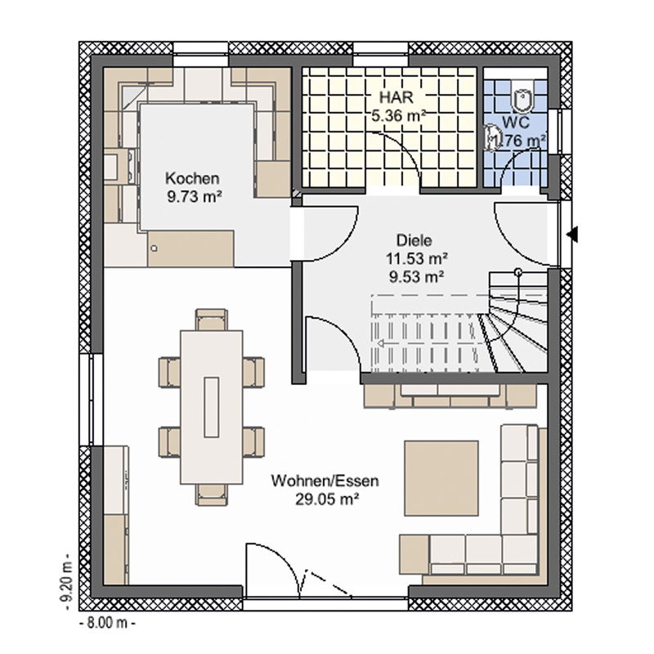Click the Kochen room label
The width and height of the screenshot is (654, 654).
point(192,178)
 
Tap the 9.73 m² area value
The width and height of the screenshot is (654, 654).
point(195,196)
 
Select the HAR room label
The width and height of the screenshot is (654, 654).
point(396,97)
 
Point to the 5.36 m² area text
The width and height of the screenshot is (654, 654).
point(399,115)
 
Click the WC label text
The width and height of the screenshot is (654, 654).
point(516,123)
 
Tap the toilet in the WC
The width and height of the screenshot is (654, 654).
point(522,101)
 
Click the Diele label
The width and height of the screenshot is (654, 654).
point(414,240)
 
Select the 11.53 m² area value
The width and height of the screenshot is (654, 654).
point(417,258)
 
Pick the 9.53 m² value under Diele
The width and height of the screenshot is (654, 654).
point(417,276)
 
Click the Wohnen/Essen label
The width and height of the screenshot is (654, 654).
point(325,481)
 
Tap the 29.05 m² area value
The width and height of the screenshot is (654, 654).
point(328,499)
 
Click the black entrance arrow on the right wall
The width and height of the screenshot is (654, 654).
point(572,234)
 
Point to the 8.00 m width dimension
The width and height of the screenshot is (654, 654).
point(107,623)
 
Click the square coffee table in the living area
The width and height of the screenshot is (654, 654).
point(441,478)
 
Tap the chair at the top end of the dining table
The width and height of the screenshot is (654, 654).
point(212,320)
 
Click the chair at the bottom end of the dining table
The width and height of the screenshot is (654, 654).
point(212,495)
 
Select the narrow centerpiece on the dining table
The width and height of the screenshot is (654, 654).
point(212,407)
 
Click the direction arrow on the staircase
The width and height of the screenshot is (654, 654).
point(380,343)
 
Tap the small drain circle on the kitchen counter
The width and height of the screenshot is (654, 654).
point(154,249)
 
